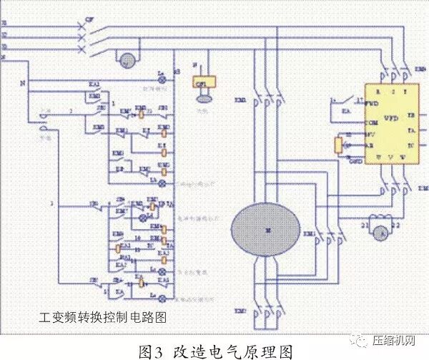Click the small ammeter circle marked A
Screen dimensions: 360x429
pyautogui.click(x=381, y=228)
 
